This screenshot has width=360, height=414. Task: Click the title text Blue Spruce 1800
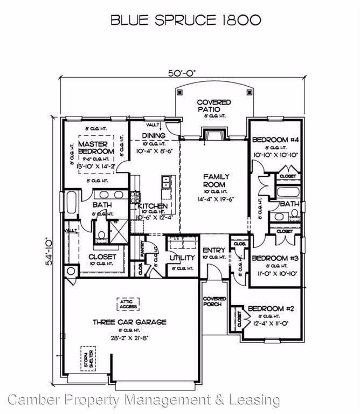[x=186, y=20]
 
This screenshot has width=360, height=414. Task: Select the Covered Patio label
[x=213, y=106]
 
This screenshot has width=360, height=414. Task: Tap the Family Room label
[x=216, y=180]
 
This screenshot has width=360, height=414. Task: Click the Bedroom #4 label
[x=275, y=140]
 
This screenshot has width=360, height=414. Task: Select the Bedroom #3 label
[x=275, y=258]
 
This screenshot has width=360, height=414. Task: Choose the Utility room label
[x=182, y=258]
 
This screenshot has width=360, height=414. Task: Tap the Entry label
[x=213, y=251]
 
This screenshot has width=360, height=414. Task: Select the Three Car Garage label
[x=129, y=322]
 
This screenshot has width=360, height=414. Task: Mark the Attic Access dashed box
[x=128, y=303]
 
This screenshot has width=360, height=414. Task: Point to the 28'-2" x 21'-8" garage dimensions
[x=129, y=339]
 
